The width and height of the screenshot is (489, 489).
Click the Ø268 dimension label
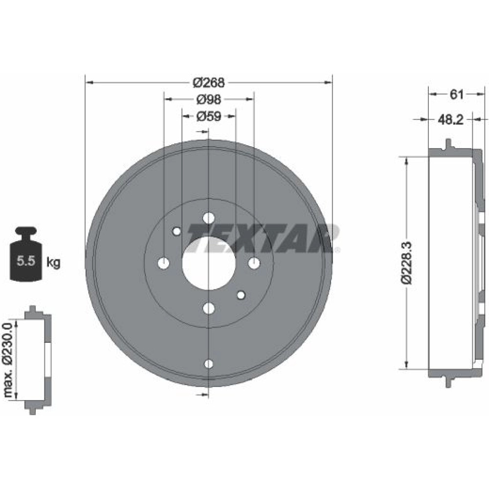[208, 82]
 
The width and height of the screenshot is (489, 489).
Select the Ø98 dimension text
[209, 99]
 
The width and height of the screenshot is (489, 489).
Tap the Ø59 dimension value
[209, 116]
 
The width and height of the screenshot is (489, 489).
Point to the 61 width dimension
[457, 94]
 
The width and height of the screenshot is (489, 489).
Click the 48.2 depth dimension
[451, 119]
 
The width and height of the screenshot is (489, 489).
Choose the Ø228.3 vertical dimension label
[408, 263]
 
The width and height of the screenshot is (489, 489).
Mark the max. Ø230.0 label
[7, 360]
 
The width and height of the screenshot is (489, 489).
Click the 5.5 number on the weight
[26, 261]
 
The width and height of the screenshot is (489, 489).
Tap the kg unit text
[53, 262]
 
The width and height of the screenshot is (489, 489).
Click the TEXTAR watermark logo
[264, 238]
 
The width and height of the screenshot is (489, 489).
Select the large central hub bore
[208, 263]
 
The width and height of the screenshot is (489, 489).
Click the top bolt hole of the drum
[208, 218]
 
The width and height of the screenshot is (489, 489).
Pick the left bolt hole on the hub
[163, 263]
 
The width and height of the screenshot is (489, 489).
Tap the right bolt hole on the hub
[254, 263]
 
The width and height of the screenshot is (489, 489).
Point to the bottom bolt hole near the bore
[208, 309]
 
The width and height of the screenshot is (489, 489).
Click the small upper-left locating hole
[177, 231]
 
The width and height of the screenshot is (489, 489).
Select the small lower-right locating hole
[241, 295]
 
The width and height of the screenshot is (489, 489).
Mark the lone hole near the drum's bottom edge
[209, 364]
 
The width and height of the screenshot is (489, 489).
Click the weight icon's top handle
[26, 231]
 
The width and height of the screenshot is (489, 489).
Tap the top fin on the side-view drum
[448, 144]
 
